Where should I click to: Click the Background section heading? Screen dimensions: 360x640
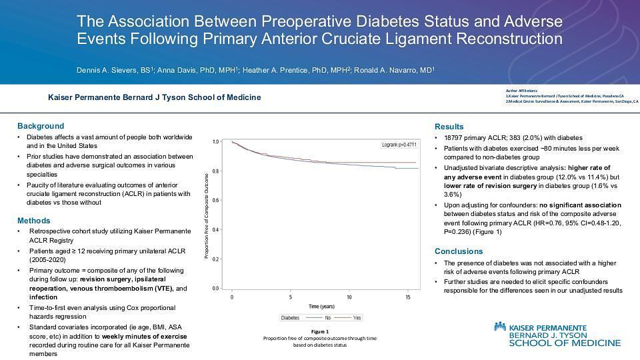tap(41, 126)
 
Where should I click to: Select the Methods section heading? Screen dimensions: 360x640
tap(33, 221)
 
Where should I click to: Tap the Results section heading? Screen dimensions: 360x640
tap(449, 127)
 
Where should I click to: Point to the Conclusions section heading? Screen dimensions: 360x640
tap(459, 251)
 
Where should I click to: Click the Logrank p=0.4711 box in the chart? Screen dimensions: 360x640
tap(399, 144)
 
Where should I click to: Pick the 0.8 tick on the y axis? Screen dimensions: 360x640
tap(215, 171)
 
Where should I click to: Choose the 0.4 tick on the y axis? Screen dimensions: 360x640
tap(215, 230)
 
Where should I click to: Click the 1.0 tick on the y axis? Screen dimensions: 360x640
tap(215, 142)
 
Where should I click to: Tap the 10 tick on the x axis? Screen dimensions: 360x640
tap(349, 297)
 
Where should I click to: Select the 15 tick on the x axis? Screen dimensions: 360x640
tap(407, 297)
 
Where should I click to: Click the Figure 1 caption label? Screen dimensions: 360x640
tap(320, 331)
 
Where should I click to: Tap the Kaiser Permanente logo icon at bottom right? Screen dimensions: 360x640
tap(500, 327)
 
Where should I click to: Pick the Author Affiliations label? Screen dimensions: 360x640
tap(521, 90)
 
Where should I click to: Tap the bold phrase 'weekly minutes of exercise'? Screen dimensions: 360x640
tap(145, 336)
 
